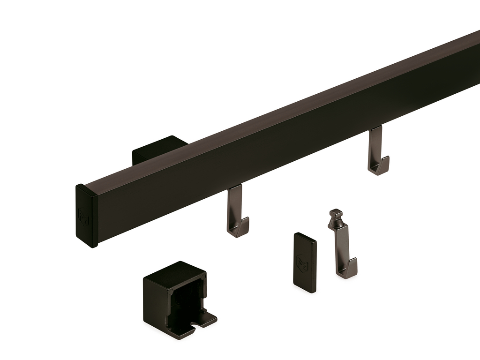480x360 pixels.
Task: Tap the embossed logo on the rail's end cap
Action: pyautogui.click(x=84, y=217)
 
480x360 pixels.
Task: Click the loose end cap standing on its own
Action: pyautogui.click(x=305, y=262)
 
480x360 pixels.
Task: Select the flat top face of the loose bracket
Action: pyautogui.click(x=176, y=270)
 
